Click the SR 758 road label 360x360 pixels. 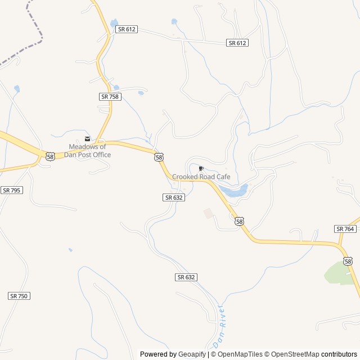(x=110, y=97)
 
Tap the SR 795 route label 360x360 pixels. (x=11, y=190)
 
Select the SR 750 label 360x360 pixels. (x=19, y=296)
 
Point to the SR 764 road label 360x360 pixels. (x=345, y=228)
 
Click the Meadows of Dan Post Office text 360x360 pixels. (x=87, y=151)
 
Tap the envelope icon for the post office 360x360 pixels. (x=87, y=139)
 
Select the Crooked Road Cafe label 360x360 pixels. (x=201, y=177)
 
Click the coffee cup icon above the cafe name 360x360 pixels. (x=201, y=168)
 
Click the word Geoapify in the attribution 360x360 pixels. (x=192, y=354)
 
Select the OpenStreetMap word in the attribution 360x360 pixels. (x=294, y=354)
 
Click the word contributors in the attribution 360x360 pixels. (x=339, y=354)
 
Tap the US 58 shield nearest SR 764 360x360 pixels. (x=348, y=261)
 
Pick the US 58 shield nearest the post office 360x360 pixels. (x=50, y=156)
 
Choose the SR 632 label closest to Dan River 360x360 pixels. (x=186, y=277)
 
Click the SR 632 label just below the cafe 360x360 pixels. (x=173, y=197)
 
